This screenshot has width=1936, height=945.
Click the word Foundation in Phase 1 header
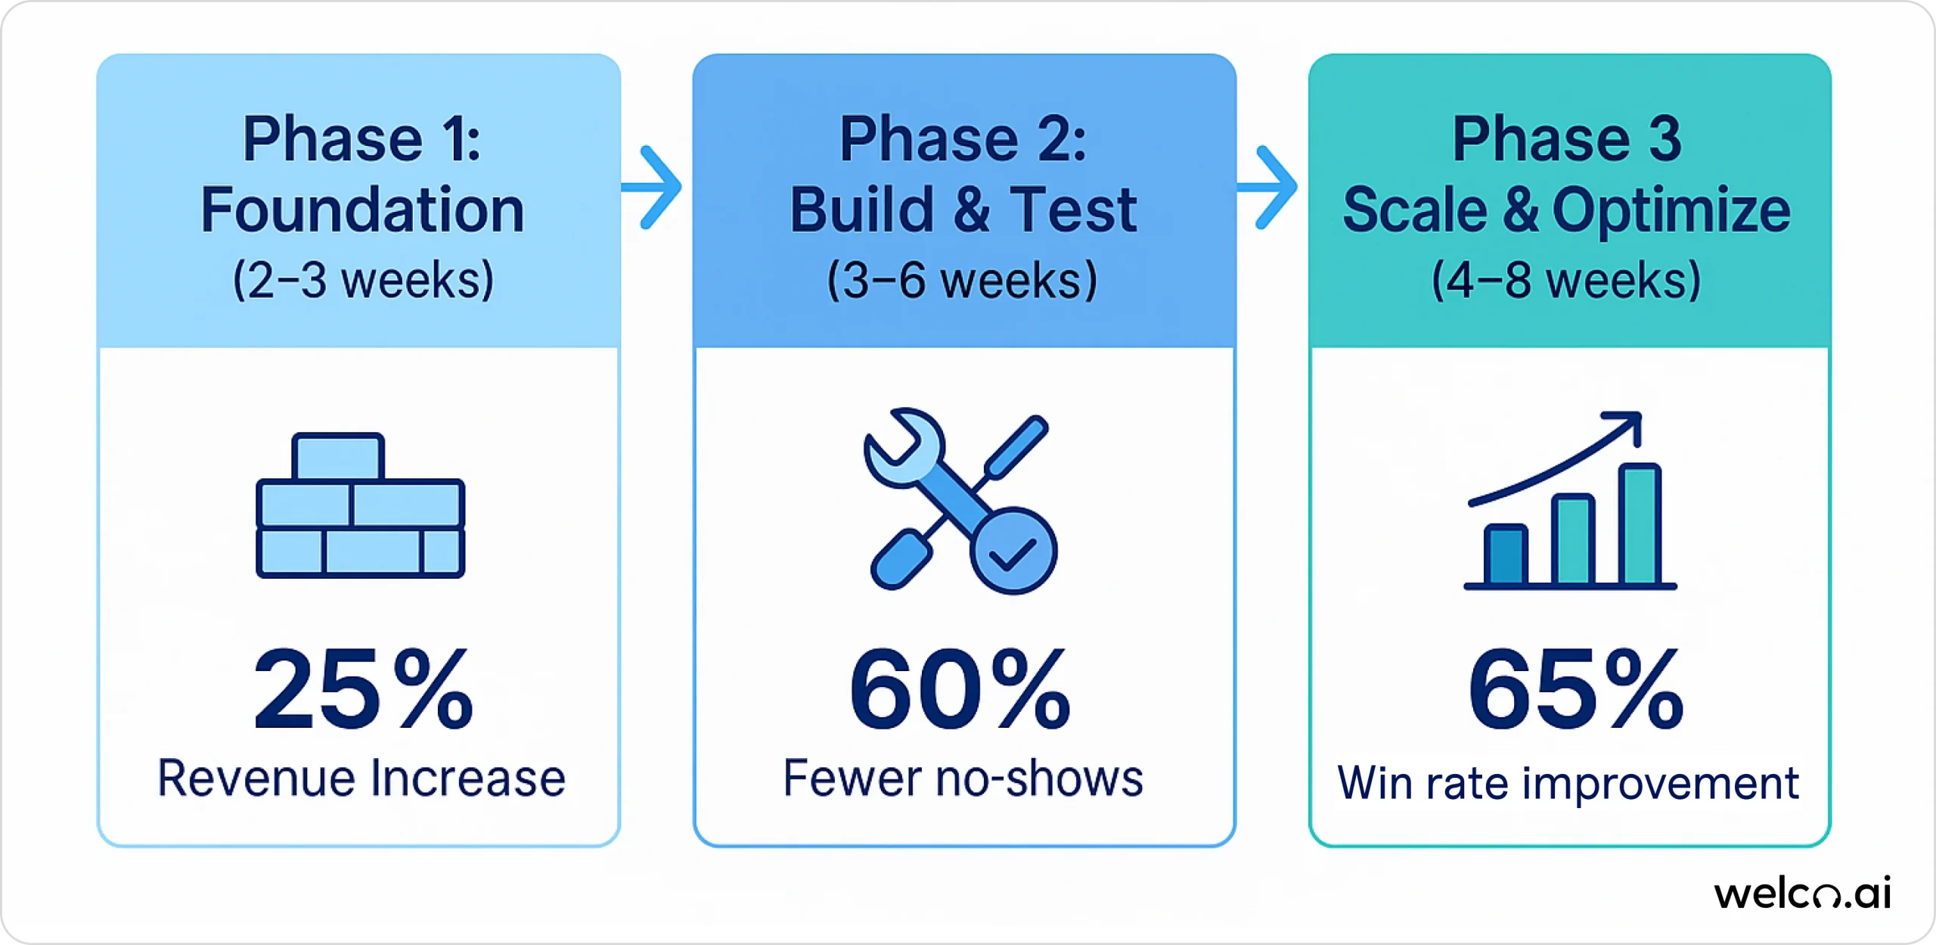362,210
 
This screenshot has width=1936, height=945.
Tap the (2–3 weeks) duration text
363,281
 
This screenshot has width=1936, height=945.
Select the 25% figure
363,689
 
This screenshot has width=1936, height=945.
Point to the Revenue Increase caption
361,779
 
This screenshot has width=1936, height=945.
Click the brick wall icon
360,505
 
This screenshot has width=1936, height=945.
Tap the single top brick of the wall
337,456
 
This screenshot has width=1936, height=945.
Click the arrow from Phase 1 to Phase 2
655,187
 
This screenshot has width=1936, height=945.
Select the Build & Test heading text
963,210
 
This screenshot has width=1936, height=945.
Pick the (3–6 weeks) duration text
962,281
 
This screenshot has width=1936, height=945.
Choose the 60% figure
960,689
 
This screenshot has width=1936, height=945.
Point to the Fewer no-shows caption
963,779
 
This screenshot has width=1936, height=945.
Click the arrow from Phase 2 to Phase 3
1270,187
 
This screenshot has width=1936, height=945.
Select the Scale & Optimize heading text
1567,210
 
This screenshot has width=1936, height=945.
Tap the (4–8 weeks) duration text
1567,281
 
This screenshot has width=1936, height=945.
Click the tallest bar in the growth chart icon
1640,525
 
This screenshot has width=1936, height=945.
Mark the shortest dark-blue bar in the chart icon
1505,555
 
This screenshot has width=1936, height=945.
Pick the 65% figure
1576,689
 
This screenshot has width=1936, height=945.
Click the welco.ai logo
1802,894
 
